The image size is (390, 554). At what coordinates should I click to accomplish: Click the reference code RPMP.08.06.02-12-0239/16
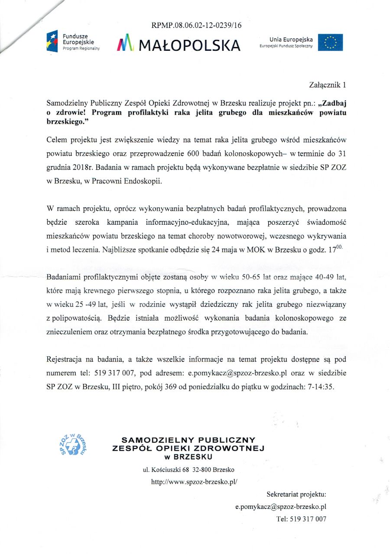[x=196, y=25]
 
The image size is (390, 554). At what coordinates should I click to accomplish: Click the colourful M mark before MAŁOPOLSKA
[x=126, y=44]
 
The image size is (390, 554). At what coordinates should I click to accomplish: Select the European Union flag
[x=330, y=42]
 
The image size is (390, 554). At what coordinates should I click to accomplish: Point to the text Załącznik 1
[x=328, y=84]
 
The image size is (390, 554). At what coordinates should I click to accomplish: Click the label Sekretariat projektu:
[x=296, y=494]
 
